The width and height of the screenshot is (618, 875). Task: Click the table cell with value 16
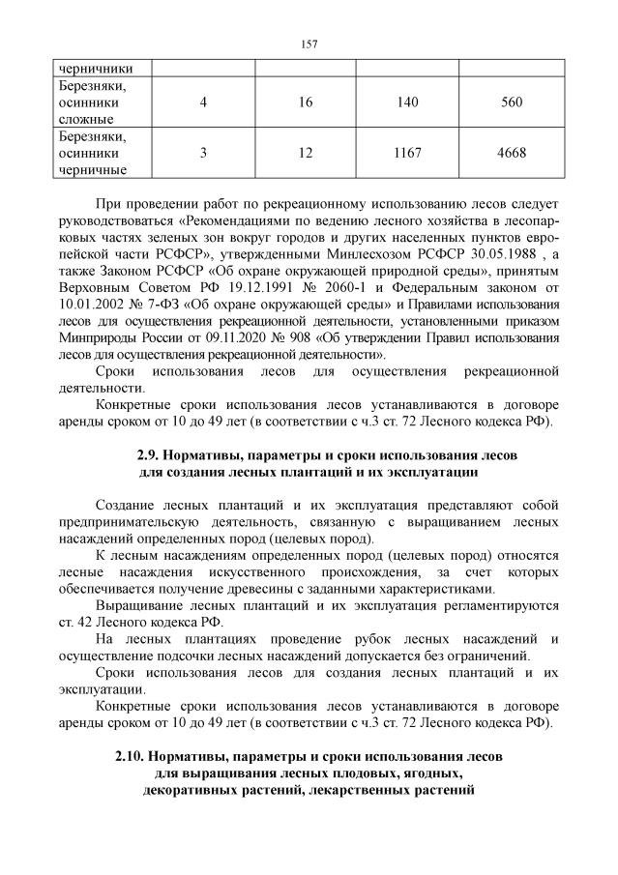click(306, 102)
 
